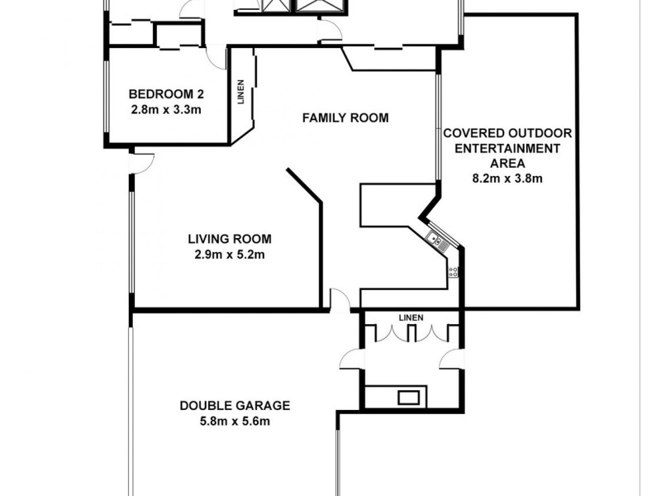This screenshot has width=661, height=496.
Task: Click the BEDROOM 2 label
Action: click(x=165, y=93)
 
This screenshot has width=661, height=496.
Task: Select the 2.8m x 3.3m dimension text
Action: click(x=165, y=108)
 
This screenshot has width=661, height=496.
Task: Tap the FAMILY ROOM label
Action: click(x=345, y=118)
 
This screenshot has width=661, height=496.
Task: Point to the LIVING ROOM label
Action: click(x=229, y=239)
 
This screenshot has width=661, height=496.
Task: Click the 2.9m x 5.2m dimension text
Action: click(x=229, y=254)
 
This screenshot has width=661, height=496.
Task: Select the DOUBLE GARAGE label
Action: click(x=235, y=405)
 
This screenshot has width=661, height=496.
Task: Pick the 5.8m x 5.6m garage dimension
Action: click(x=235, y=421)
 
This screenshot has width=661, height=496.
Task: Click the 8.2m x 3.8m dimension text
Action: click(x=507, y=178)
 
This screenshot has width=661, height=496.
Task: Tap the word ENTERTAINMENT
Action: click(x=507, y=148)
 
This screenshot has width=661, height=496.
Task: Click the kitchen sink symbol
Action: click(x=436, y=241)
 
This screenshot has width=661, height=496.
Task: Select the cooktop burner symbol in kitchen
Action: click(x=453, y=271)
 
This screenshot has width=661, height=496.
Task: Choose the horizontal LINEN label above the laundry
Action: click(x=411, y=317)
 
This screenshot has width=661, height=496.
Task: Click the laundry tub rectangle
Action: click(x=408, y=398)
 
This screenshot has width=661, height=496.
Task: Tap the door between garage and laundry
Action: click(x=351, y=359)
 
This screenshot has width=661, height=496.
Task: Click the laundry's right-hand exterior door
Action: click(x=451, y=359)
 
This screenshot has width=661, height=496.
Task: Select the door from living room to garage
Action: click(x=339, y=299)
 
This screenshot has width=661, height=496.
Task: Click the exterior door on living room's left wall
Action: click(x=141, y=162)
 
